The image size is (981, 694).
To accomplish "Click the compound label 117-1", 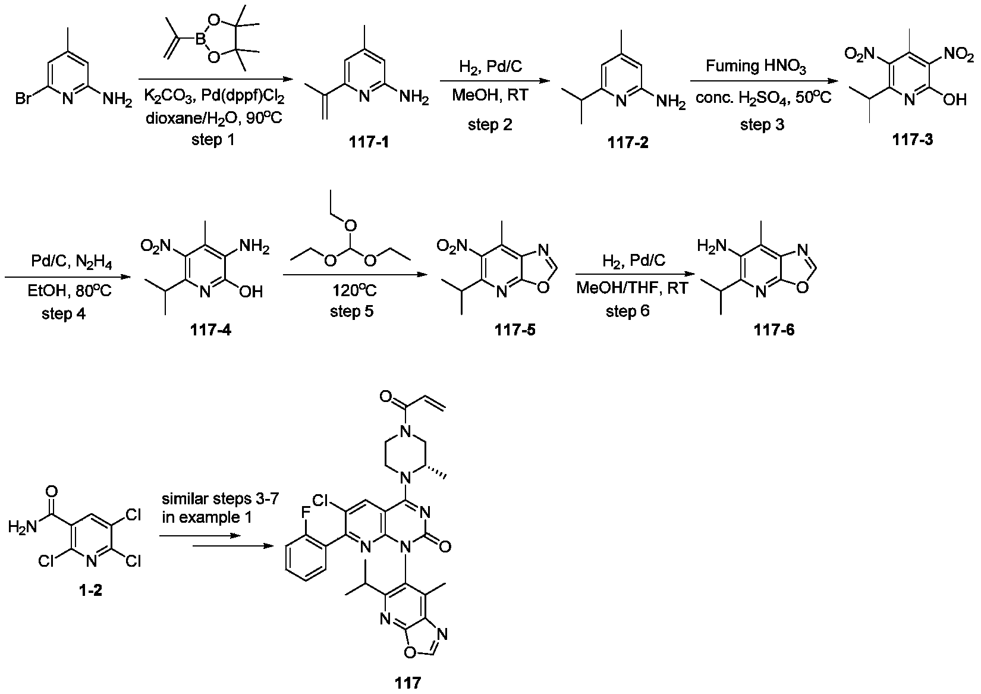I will point(370,143).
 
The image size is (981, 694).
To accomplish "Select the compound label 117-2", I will point(628,143).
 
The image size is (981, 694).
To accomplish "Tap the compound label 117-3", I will point(913,140).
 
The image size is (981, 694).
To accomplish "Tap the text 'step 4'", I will point(64,313).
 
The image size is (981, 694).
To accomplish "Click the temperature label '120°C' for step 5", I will point(352,291).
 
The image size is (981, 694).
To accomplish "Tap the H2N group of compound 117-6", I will point(711,246).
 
